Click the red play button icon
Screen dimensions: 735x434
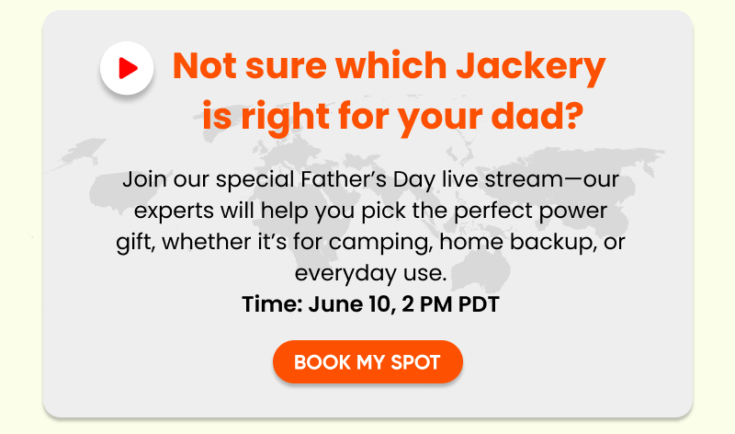click(127, 68)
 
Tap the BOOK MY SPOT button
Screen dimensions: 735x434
click(368, 361)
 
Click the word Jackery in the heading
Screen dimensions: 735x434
click(531, 67)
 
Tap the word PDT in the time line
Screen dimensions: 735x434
click(479, 304)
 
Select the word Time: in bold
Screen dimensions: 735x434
click(272, 304)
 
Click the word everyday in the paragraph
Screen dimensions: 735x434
click(345, 273)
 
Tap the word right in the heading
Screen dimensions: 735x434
click(285, 117)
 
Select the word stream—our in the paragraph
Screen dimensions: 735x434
click(552, 179)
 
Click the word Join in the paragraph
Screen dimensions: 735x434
click(144, 179)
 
